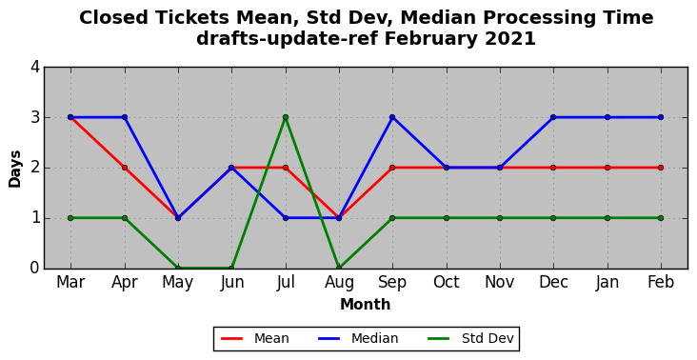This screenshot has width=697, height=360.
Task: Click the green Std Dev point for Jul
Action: tap(286, 117)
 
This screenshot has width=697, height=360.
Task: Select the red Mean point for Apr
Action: tap(125, 168)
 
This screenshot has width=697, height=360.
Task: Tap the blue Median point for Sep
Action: tap(392, 117)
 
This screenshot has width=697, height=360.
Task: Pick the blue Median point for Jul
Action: tap(286, 218)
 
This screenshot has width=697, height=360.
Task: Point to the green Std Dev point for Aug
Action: tap(339, 268)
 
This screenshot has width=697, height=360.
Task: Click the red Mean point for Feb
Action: tap(661, 168)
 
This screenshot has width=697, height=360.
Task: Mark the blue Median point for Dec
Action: tap(553, 117)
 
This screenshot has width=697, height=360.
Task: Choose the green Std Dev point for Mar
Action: tap(70, 218)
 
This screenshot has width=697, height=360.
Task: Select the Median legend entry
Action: tap(358, 339)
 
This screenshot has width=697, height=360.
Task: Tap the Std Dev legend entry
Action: tap(470, 339)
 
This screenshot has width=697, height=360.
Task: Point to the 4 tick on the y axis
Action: tap(35, 68)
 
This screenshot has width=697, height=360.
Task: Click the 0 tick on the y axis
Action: tap(35, 268)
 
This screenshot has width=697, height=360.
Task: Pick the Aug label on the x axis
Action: tap(339, 283)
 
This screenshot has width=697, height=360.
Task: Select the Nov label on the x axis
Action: tap(500, 282)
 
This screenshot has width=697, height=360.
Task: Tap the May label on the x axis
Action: tap(178, 283)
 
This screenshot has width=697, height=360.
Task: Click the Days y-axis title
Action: tap(15, 169)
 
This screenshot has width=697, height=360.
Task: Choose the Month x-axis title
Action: tap(366, 305)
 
